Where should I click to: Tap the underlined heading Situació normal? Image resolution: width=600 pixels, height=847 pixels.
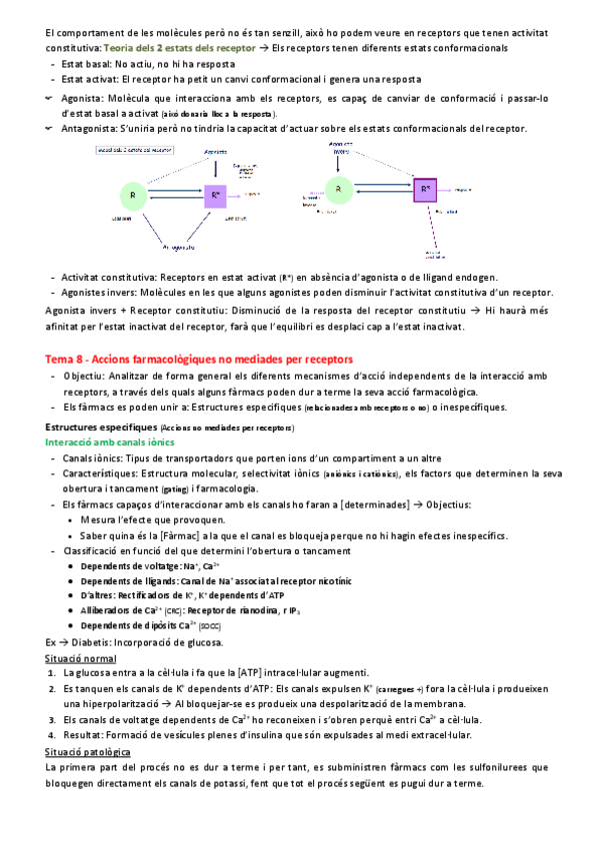click(x=81, y=658)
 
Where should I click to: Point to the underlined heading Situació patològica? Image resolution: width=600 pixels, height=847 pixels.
click(x=88, y=751)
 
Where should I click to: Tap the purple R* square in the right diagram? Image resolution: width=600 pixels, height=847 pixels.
click(x=425, y=188)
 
